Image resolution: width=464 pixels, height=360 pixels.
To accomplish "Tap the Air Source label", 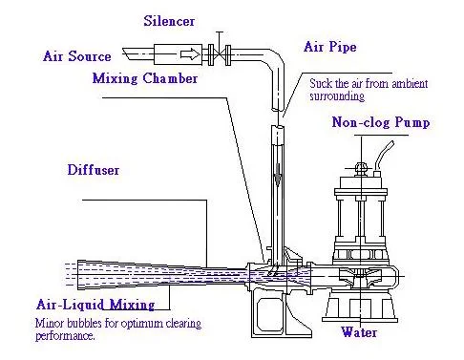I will click(77, 56).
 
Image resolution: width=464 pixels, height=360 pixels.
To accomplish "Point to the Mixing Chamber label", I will click(145, 77).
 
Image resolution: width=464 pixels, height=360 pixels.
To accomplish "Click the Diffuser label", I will click(95, 172).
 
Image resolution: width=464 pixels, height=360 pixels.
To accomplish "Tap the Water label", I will click(359, 332).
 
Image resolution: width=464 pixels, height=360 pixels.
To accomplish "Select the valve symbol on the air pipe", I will click(221, 53).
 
